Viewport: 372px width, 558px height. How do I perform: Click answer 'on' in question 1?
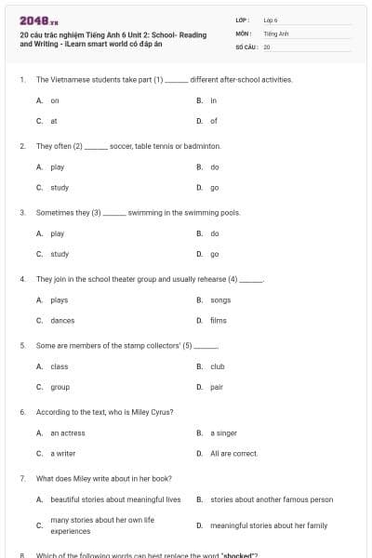pos(54,100)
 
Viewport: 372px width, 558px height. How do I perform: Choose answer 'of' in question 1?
pos(214,121)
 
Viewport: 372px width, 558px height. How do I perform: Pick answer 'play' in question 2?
pos(57,166)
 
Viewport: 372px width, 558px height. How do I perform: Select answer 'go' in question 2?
pos(215,187)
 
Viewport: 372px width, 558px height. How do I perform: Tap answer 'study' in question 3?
pos(60,254)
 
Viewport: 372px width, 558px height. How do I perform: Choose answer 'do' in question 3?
pos(215,233)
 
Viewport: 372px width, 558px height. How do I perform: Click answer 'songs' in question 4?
pos(220,299)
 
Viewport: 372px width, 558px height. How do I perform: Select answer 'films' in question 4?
pos(219,321)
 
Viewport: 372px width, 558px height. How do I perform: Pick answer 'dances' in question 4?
pos(62,321)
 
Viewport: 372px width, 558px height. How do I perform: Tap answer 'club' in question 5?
pos(218,366)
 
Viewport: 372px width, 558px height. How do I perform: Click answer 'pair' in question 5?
pos(217,387)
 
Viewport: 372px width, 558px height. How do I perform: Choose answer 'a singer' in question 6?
pos(223,433)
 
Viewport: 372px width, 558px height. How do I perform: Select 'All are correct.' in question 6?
pos(233,454)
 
